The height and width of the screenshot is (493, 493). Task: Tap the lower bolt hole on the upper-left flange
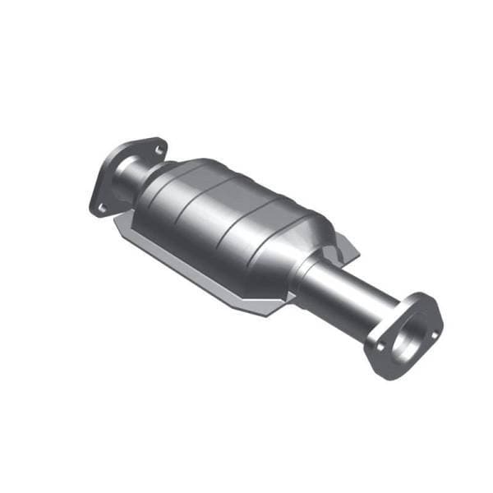102,207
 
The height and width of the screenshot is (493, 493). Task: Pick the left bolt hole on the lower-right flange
379,345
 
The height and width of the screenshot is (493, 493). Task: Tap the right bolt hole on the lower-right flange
432,316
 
